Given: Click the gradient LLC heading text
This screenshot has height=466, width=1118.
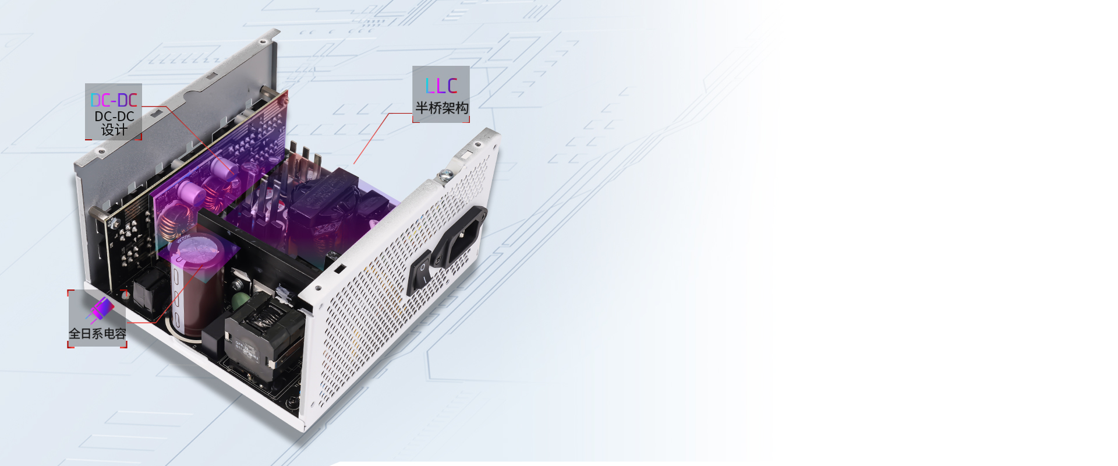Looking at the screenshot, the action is (441, 86).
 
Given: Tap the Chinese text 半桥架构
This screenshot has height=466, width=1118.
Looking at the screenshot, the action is (441, 108).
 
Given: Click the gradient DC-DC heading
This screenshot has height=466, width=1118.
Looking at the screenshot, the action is (114, 100).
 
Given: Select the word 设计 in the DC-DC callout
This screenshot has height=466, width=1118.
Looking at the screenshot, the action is (114, 130).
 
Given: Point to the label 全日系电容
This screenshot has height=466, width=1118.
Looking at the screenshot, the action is (97, 334).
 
